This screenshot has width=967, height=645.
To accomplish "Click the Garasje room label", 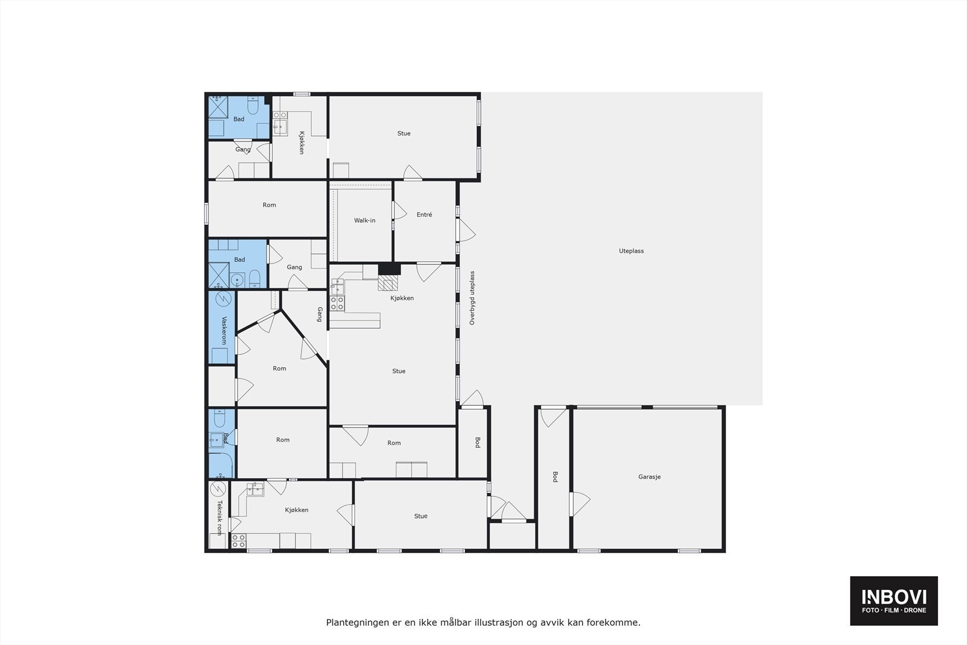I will tap(649, 477).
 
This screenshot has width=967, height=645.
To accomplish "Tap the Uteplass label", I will tap(631, 251).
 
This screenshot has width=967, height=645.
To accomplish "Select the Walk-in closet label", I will tap(364, 221).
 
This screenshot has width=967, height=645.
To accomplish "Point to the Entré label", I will tap(424, 215).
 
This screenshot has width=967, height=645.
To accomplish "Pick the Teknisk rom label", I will tap(219, 517).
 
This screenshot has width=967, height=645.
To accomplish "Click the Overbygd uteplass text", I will tap(473, 298).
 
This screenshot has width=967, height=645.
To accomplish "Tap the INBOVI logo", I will tap(894, 600).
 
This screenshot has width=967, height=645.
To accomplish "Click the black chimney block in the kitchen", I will tap(389, 270).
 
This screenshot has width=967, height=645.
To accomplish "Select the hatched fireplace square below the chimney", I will tap(389, 283).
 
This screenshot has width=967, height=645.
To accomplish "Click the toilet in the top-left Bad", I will tap(254, 106).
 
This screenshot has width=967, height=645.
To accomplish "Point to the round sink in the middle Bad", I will tap(238, 279).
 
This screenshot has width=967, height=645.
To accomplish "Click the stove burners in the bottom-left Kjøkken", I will tap(239, 540).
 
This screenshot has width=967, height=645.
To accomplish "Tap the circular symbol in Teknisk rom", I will tap(218, 488).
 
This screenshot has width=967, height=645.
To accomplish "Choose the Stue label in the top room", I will tap(404, 134).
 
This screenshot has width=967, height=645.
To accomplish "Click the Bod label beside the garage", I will tap(554, 476).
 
